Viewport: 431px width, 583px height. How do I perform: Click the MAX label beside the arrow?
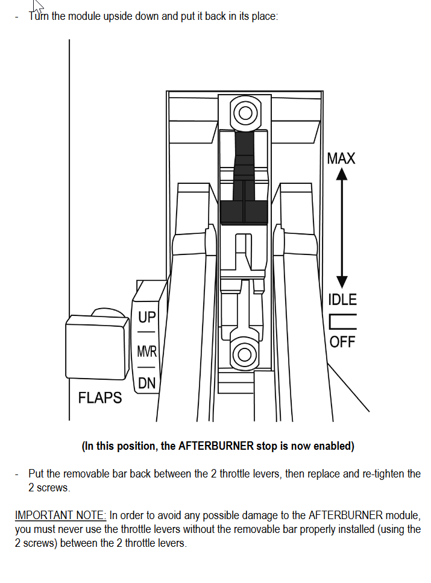[x=341, y=159]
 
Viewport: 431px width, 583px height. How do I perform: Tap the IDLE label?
[x=342, y=300]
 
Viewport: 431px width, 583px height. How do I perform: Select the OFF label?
[x=342, y=342]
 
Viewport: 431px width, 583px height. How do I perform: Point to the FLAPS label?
[x=99, y=398]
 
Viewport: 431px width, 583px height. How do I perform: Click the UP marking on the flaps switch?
[x=147, y=317]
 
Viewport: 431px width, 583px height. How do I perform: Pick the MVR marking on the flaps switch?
[x=147, y=351]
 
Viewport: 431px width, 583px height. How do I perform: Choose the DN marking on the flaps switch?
[x=146, y=383]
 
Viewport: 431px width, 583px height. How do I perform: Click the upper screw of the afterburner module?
[x=245, y=113]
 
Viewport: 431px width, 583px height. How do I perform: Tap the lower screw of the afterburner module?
[x=244, y=355]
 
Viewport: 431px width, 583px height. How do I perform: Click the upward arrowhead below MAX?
[x=342, y=174]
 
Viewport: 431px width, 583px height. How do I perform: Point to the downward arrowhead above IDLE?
[x=342, y=282]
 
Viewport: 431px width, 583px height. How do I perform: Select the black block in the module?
[x=244, y=212]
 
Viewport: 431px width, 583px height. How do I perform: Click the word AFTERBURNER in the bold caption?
[x=216, y=446]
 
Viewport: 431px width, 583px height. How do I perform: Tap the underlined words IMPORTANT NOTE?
[x=61, y=515]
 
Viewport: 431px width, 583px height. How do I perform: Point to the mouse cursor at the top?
[x=39, y=5]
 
